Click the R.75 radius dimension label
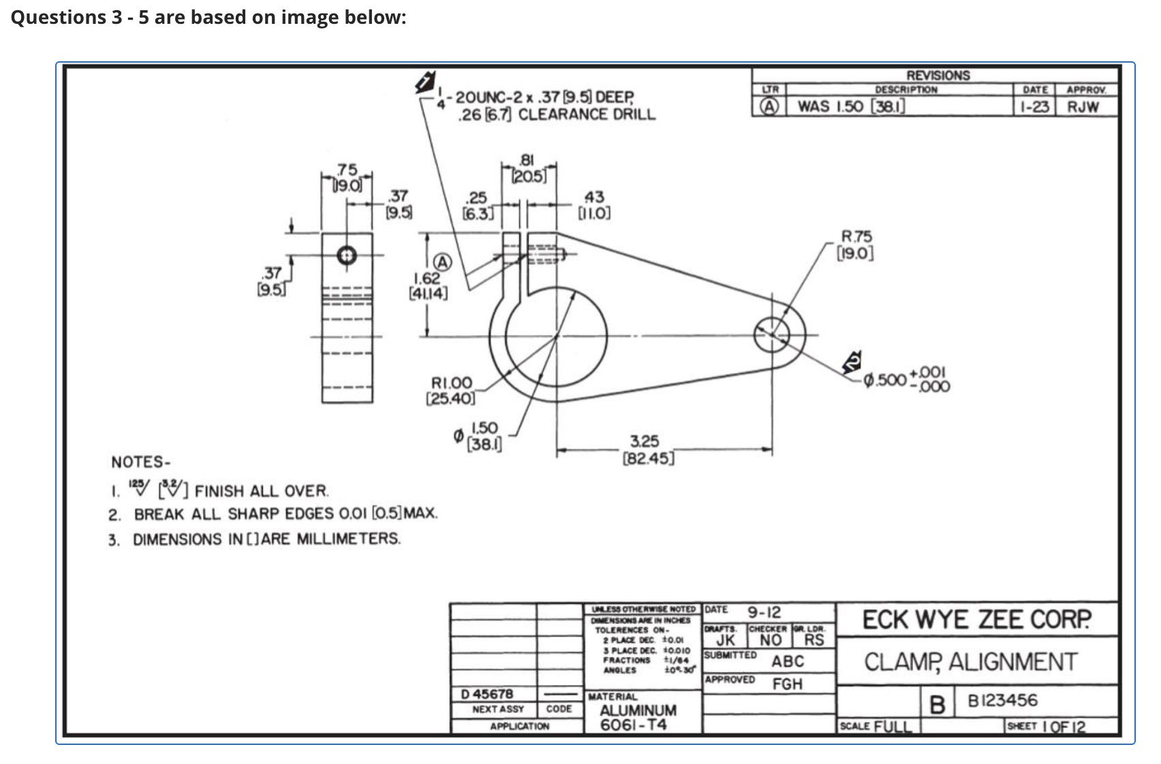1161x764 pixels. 856,245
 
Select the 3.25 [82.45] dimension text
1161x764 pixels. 647,449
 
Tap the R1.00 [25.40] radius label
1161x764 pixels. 450,390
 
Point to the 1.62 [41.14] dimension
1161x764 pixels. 428,286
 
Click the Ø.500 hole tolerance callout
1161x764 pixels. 906,379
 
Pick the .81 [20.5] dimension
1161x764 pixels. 529,168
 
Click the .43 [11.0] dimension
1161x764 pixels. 594,204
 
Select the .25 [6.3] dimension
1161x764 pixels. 476,205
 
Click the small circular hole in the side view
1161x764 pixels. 347,255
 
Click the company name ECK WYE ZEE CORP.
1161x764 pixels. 976,620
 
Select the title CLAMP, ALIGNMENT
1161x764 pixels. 971,662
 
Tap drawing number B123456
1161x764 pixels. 1002,701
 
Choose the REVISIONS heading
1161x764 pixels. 938,76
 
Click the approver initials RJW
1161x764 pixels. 1083,107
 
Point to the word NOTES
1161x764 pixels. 140,462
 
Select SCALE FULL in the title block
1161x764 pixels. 876,726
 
